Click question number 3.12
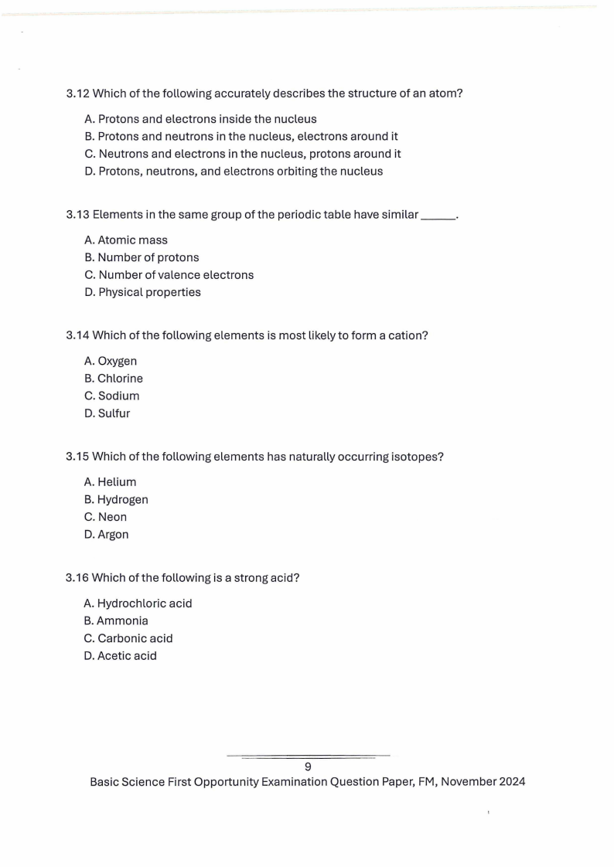point(78,94)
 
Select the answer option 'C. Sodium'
point(111,396)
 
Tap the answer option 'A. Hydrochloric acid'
point(138,603)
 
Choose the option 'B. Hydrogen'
point(116,500)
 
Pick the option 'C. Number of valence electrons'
point(169,275)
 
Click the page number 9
point(308,767)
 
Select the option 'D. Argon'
point(106,535)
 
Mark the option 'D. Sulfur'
point(107,413)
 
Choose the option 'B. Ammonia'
point(116,621)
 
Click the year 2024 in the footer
point(512,782)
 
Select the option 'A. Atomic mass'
point(125,240)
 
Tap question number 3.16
point(78,578)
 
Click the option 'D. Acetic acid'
point(120,656)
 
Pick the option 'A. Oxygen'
point(111,361)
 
